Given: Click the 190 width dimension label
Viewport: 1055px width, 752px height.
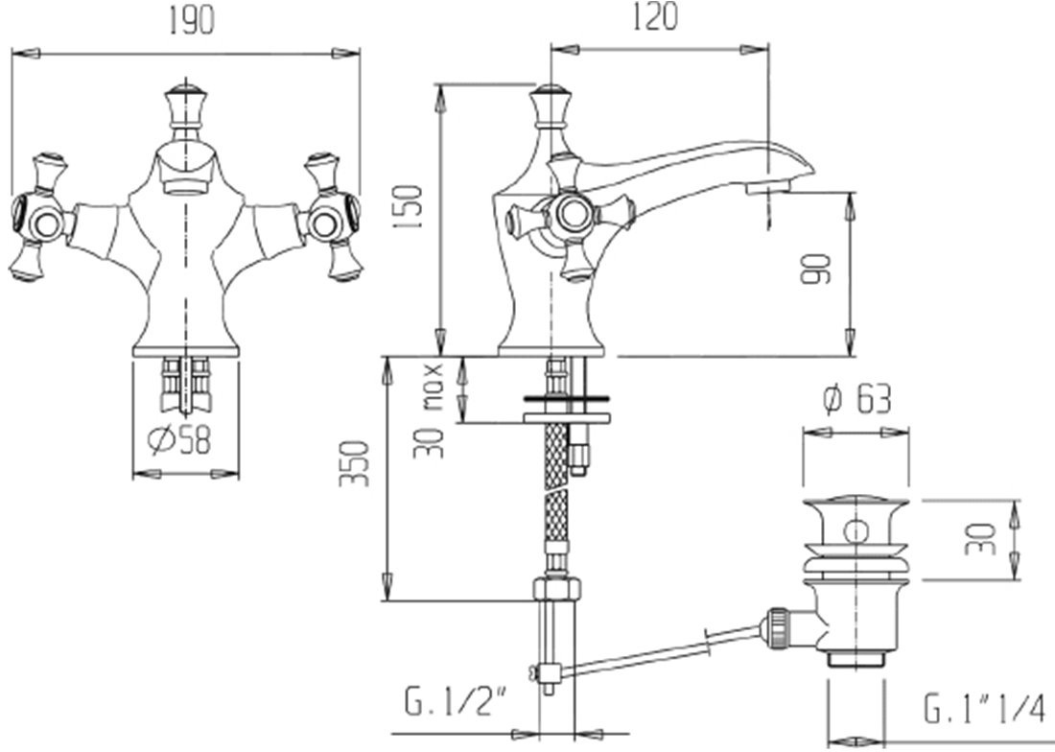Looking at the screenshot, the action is pyautogui.click(x=191, y=21).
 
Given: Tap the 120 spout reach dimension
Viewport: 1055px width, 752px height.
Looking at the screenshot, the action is pyautogui.click(x=655, y=16).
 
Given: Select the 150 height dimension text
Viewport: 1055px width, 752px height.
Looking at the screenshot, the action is pyautogui.click(x=410, y=206).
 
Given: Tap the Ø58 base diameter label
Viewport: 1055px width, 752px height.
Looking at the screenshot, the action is pyautogui.click(x=179, y=440).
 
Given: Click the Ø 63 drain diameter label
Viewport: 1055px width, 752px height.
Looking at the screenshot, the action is pyautogui.click(x=857, y=400).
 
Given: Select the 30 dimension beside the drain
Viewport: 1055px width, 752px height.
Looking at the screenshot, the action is pyautogui.click(x=979, y=539).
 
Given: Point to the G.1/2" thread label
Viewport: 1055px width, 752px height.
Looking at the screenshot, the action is pyautogui.click(x=456, y=702).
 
